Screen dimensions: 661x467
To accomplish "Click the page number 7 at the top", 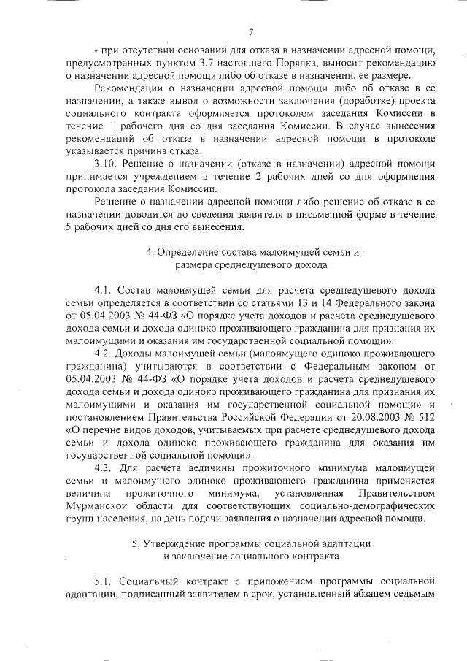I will click(x=250, y=32).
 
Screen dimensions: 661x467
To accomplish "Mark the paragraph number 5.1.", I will click(x=105, y=581).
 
